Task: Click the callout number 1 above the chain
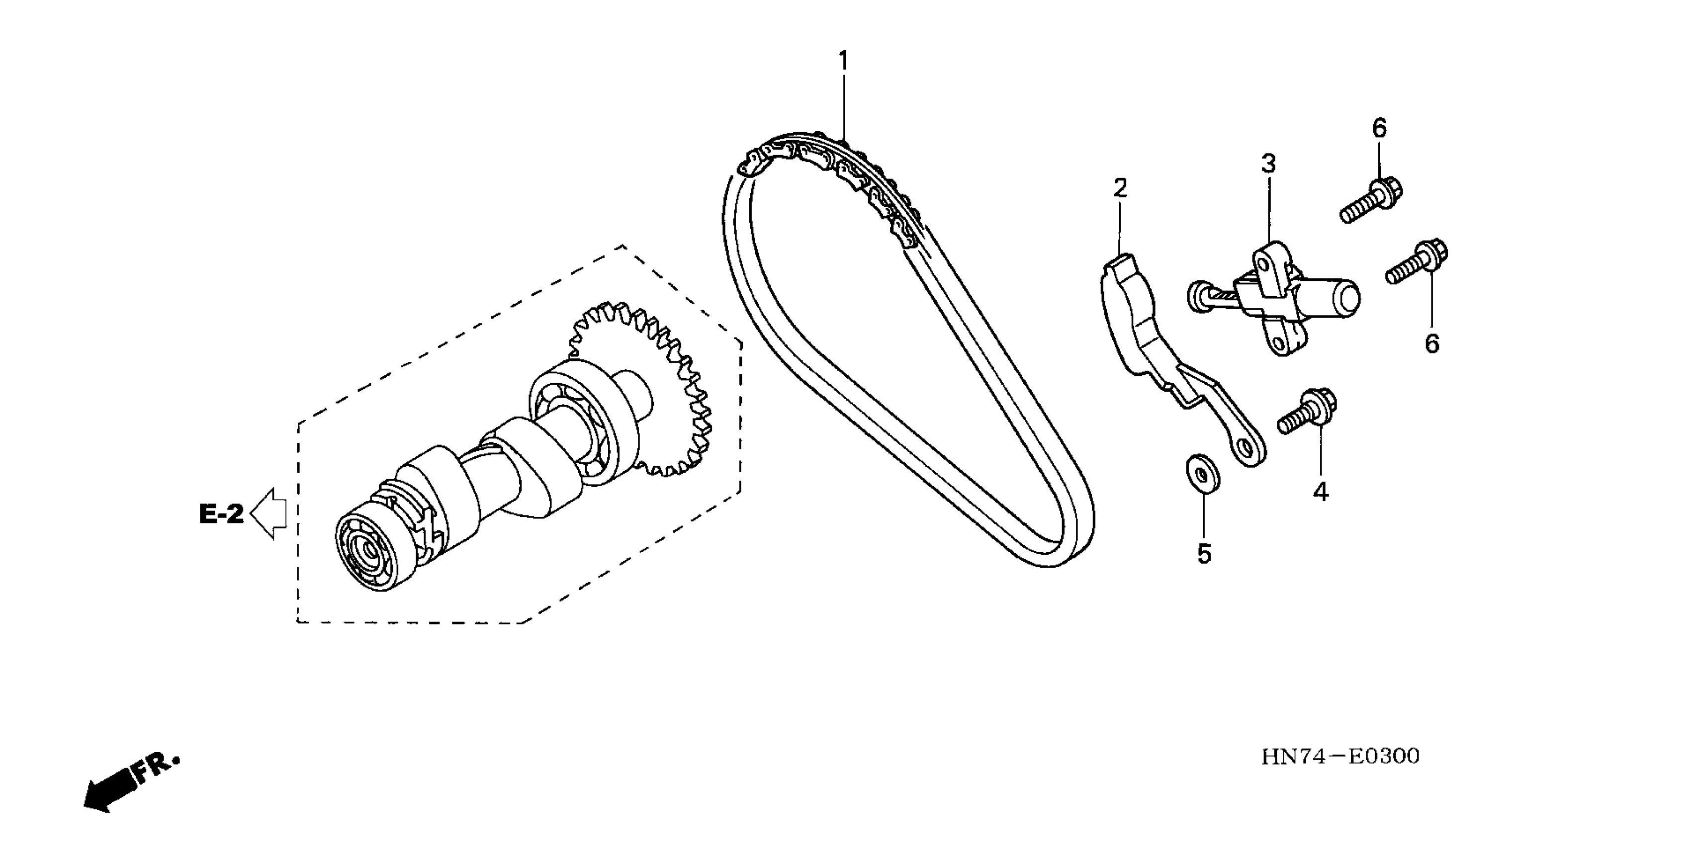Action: pos(843,61)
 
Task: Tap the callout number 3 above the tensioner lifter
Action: pos(1268,164)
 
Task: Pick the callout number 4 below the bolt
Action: pos(1321,492)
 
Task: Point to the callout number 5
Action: pos(1203,554)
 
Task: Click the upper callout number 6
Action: pos(1379,128)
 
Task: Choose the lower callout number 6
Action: pos(1432,343)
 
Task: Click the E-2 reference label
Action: pos(221,513)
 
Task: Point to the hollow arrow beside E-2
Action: pos(268,513)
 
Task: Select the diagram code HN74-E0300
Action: pos(1340,757)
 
